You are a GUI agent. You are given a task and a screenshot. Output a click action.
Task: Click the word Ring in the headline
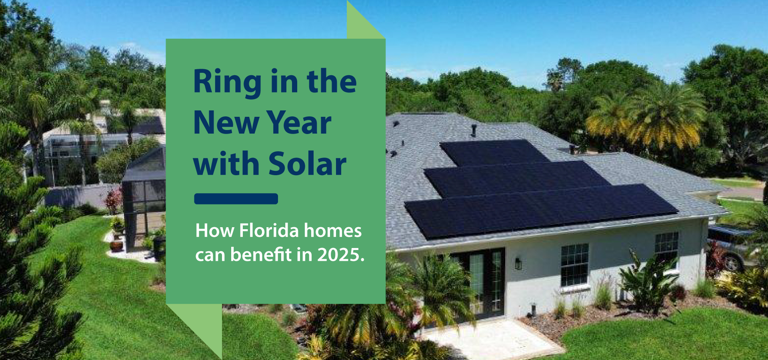[x=228, y=82]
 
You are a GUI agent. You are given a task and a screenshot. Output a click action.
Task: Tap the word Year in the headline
[x=299, y=122]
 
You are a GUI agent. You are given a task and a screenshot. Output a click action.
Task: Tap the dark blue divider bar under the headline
[x=236, y=199]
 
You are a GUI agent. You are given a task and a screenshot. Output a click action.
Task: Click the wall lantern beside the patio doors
[x=518, y=264]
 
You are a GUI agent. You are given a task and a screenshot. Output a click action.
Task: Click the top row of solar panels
[x=494, y=152]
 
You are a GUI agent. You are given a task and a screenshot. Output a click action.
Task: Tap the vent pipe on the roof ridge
[x=474, y=130]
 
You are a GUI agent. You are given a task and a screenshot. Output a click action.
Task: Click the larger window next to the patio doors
[x=574, y=265]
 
